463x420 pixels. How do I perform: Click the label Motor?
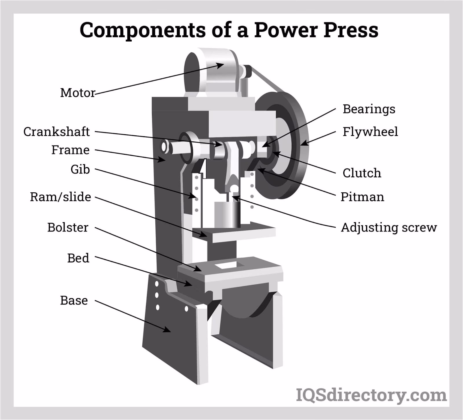[x=77, y=93]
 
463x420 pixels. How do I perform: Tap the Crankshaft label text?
[x=56, y=132]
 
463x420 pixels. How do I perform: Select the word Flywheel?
[x=370, y=132]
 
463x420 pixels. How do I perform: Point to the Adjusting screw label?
[x=389, y=227]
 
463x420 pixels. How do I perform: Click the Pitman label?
[x=362, y=197]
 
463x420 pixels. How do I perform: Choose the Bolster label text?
[x=68, y=227]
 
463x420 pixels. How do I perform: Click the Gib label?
[x=80, y=169]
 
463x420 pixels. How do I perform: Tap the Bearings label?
[x=369, y=109]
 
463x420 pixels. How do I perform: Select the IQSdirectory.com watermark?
[x=371, y=395]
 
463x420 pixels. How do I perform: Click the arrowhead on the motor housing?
[x=221, y=65]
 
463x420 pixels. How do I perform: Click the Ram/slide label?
[x=60, y=197]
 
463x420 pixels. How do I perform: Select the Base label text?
[x=74, y=301]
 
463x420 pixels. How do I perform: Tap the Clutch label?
[x=362, y=173]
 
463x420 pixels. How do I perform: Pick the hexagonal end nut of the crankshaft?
[x=164, y=147]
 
